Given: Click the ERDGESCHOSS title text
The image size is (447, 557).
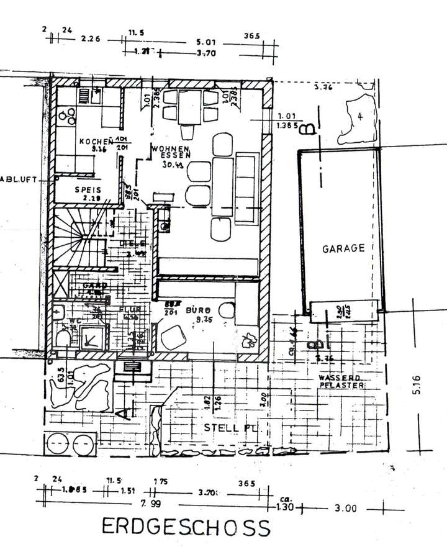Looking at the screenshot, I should click(186, 527).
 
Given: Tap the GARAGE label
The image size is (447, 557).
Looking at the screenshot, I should click(343, 248).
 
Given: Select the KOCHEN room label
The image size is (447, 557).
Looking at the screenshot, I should click(94, 142).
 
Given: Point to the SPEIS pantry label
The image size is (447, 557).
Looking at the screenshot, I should click(88, 191).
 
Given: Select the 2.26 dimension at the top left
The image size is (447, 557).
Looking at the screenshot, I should click(92, 38).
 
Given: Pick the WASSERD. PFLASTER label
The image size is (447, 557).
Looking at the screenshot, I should click(341, 381).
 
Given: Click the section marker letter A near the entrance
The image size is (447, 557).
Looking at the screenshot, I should click(127, 412).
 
